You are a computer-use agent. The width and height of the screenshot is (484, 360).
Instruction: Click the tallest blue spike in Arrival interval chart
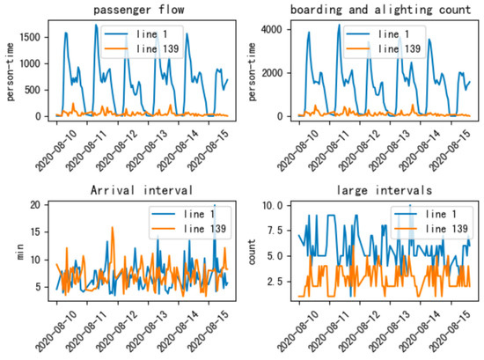[x=214, y=206]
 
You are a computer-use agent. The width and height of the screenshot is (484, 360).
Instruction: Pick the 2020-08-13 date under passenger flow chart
[x=159, y=151]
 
